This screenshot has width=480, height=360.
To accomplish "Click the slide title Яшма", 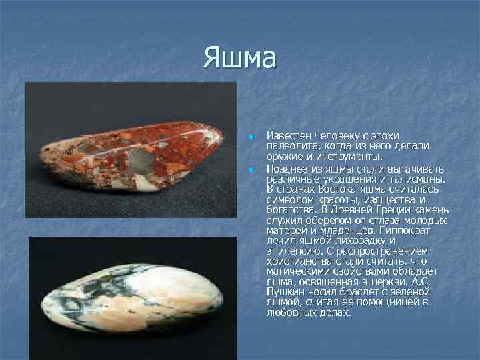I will [x=240, y=58].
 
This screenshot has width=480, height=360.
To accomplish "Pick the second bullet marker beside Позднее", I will [x=251, y=170].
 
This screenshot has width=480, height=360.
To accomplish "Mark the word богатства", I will [x=289, y=209].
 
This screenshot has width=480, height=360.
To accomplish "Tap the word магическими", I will [x=297, y=271].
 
